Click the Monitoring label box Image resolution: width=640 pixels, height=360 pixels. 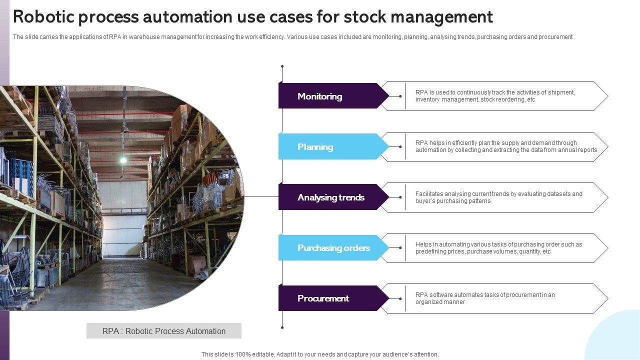coord(330,96)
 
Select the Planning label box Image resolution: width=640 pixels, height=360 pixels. coord(330,146)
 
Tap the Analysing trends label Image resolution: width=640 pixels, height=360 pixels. coord(331,197)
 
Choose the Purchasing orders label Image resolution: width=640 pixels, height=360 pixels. coord(333,247)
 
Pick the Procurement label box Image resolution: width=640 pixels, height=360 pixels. coord(330,298)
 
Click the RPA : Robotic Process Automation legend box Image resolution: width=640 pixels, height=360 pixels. coord(164,331)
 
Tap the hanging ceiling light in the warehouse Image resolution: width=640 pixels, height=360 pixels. coord(122,160)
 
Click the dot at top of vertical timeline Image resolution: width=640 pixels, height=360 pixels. coord(282,66)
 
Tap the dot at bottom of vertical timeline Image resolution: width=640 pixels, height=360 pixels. coord(282,327)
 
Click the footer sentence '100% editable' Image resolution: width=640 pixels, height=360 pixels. coord(320,354)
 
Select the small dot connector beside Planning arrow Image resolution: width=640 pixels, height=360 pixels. coord(400,146)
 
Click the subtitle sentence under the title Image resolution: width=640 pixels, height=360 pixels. coord(292,37)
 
